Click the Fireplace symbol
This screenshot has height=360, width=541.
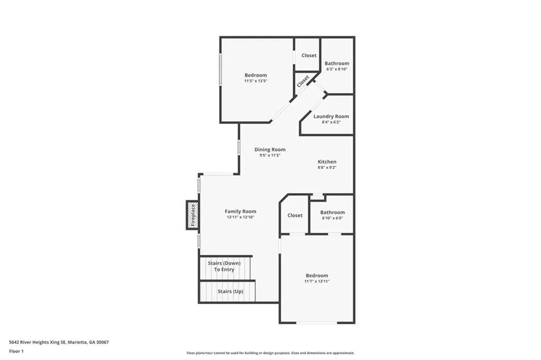click(x=193, y=215)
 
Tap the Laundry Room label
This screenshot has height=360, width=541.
click(x=331, y=116)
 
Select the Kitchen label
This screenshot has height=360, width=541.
click(x=327, y=162)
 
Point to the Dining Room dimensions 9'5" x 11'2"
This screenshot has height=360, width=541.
click(x=270, y=155)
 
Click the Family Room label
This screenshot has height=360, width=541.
click(x=240, y=211)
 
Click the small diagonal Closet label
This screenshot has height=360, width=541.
click(x=303, y=81)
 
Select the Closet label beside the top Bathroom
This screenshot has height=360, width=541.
click(x=309, y=55)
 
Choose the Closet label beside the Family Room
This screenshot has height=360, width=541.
click(x=295, y=215)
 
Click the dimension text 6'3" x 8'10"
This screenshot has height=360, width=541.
click(x=337, y=69)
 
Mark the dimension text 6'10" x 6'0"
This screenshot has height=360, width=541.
click(x=332, y=218)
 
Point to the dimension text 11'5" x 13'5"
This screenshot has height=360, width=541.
click(x=256, y=81)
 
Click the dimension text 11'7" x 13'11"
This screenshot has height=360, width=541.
click(x=317, y=281)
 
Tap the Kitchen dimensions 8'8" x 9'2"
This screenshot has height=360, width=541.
click(x=327, y=167)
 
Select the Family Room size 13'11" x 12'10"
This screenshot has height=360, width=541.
click(x=240, y=217)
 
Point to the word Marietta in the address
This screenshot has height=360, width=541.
click(x=79, y=342)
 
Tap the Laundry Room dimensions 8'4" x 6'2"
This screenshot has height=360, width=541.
click(x=331, y=122)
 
